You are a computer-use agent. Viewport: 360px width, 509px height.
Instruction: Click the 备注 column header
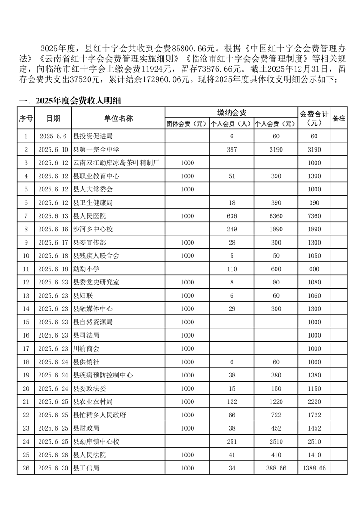339,118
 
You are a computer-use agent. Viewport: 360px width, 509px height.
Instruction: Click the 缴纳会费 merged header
232,113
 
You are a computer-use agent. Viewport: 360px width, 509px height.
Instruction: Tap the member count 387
231,149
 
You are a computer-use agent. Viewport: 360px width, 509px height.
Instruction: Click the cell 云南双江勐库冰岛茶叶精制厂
117,163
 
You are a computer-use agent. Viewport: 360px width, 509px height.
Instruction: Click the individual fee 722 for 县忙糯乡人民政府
276,415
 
